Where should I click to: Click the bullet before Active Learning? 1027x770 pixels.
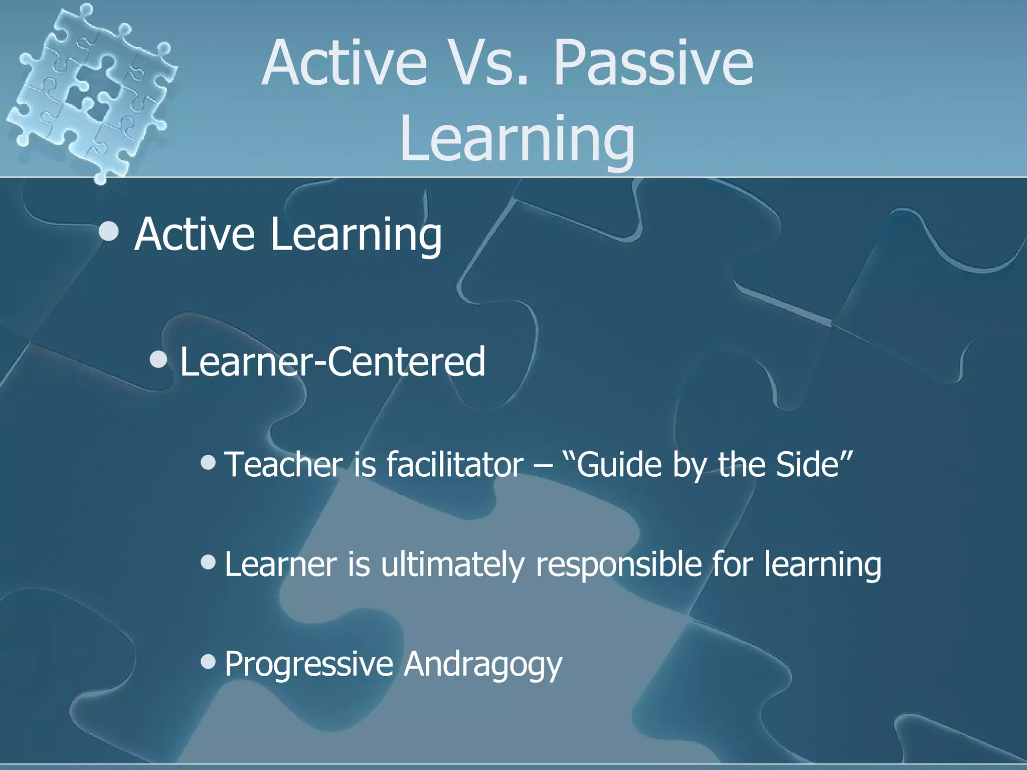tap(109, 232)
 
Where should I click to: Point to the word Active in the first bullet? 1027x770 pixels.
tap(195, 234)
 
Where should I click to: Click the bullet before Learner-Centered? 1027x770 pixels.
tap(159, 359)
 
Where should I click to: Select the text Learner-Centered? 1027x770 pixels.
tap(332, 362)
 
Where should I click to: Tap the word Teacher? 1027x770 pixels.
tap(283, 464)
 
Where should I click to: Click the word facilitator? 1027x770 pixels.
tap(455, 464)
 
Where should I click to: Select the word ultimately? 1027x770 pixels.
tap(451, 564)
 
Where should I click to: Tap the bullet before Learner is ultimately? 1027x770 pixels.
tap(208, 562)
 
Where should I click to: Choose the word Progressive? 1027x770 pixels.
tap(308, 664)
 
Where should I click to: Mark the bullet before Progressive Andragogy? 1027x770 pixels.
tap(208, 662)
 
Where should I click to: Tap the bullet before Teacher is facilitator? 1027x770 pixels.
tap(208, 462)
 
